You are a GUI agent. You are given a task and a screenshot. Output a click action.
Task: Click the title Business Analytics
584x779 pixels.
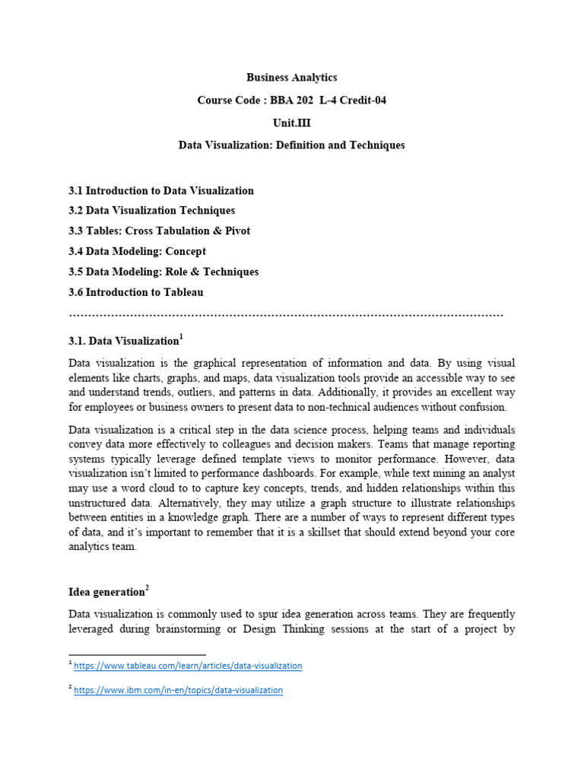(291, 78)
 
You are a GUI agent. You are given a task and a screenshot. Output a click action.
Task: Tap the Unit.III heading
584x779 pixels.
(291, 122)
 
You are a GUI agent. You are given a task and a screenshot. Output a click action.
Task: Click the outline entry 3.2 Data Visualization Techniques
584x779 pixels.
(151, 211)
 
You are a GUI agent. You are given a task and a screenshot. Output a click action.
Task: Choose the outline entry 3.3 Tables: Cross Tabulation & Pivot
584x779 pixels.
(159, 231)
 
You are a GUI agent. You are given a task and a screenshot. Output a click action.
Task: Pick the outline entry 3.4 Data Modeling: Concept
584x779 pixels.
(137, 251)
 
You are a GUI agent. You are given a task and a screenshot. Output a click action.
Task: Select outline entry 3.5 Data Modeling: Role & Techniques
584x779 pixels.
(163, 272)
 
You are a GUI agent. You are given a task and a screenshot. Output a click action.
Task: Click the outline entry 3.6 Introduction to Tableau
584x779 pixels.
(136, 292)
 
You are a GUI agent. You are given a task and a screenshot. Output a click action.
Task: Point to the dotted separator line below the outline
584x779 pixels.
(286, 313)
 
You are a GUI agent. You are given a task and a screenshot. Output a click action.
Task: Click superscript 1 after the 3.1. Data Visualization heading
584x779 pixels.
(181, 336)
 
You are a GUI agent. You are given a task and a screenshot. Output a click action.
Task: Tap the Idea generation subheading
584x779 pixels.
(106, 592)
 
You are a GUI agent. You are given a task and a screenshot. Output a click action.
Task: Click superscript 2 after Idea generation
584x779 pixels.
(147, 588)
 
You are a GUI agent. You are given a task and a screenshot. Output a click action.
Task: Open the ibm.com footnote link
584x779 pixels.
(178, 690)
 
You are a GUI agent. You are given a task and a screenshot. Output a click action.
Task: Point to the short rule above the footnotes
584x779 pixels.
(137, 654)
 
